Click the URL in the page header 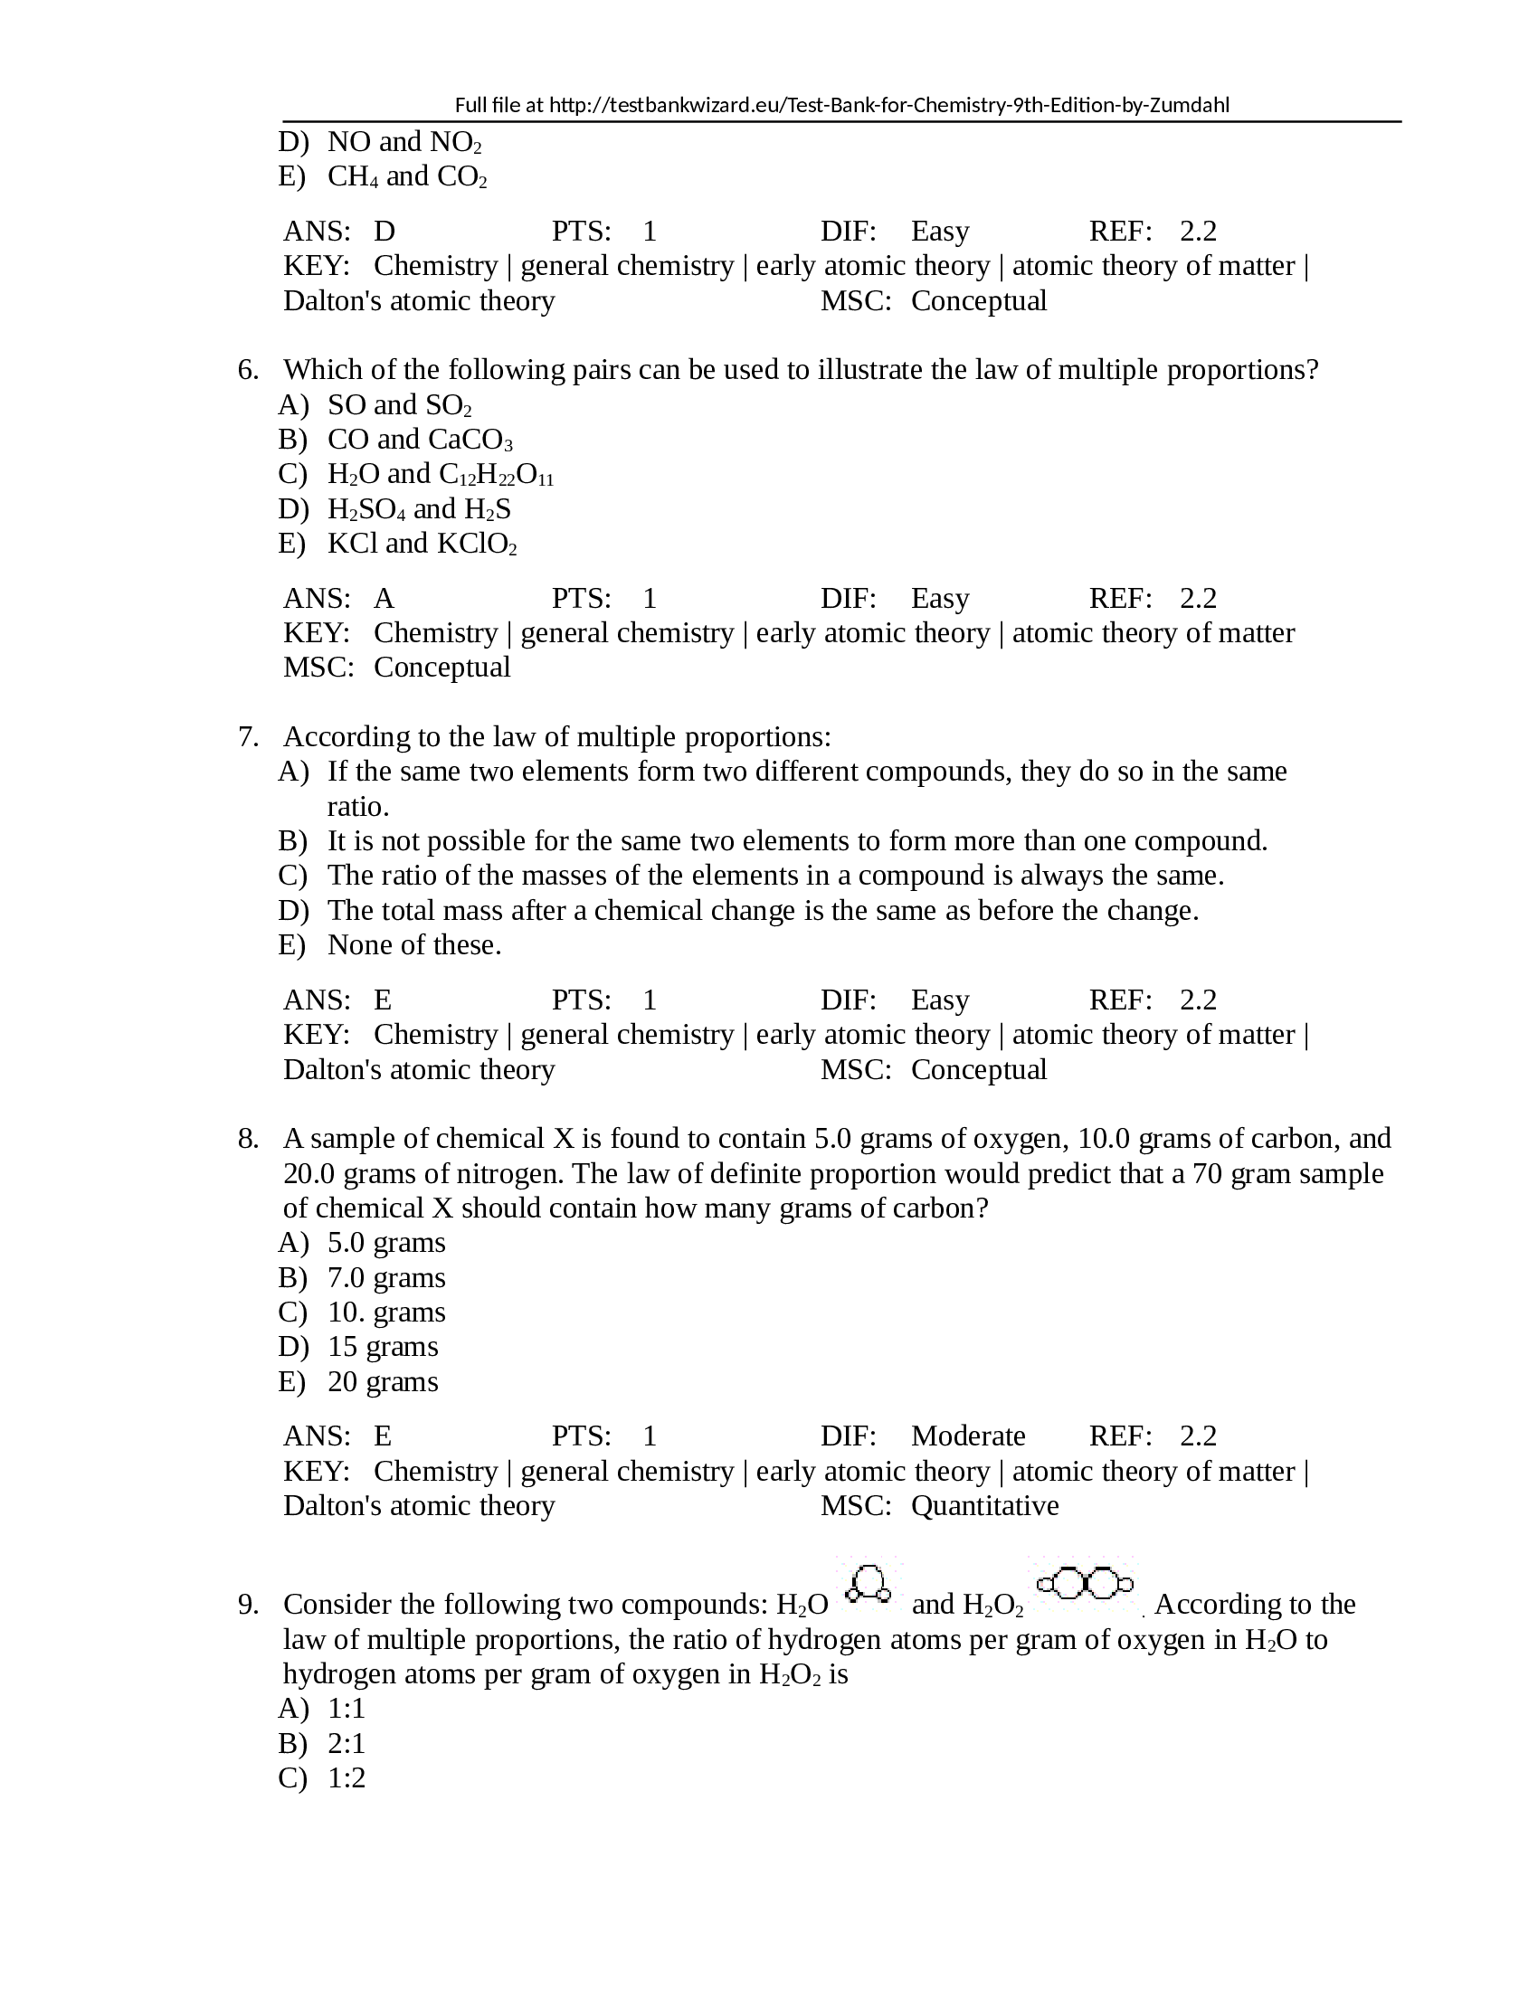[888, 105]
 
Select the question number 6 [248, 370]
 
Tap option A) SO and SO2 [399, 404]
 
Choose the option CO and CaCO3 [420, 440]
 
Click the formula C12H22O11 [496, 475]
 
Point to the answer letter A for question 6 [384, 599]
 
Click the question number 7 [248, 737]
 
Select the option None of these [414, 945]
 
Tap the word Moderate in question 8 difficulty [968, 1436]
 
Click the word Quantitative [984, 1505]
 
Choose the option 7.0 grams [386, 1278]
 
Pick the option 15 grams [383, 1347]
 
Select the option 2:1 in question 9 [347, 1744]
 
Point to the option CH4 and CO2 [406, 176]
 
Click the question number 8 [248, 1139]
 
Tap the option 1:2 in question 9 [347, 1778]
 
